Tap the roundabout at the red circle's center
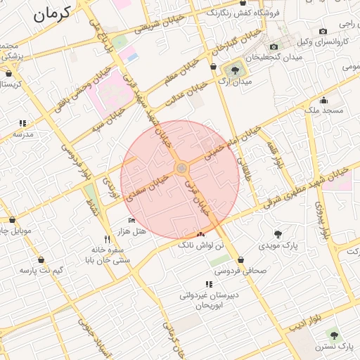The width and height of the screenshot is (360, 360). click(x=181, y=168)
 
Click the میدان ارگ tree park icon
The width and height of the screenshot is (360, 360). click(x=233, y=70)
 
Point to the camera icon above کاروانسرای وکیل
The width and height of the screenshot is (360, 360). click(x=323, y=31)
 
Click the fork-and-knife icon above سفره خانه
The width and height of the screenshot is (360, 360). click(x=107, y=238)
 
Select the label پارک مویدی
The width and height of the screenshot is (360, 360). click(x=281, y=247)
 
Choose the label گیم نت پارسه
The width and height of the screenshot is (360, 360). click(x=41, y=270)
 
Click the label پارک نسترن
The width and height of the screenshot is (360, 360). click(x=335, y=347)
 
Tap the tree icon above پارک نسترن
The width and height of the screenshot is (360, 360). click(x=332, y=335)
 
